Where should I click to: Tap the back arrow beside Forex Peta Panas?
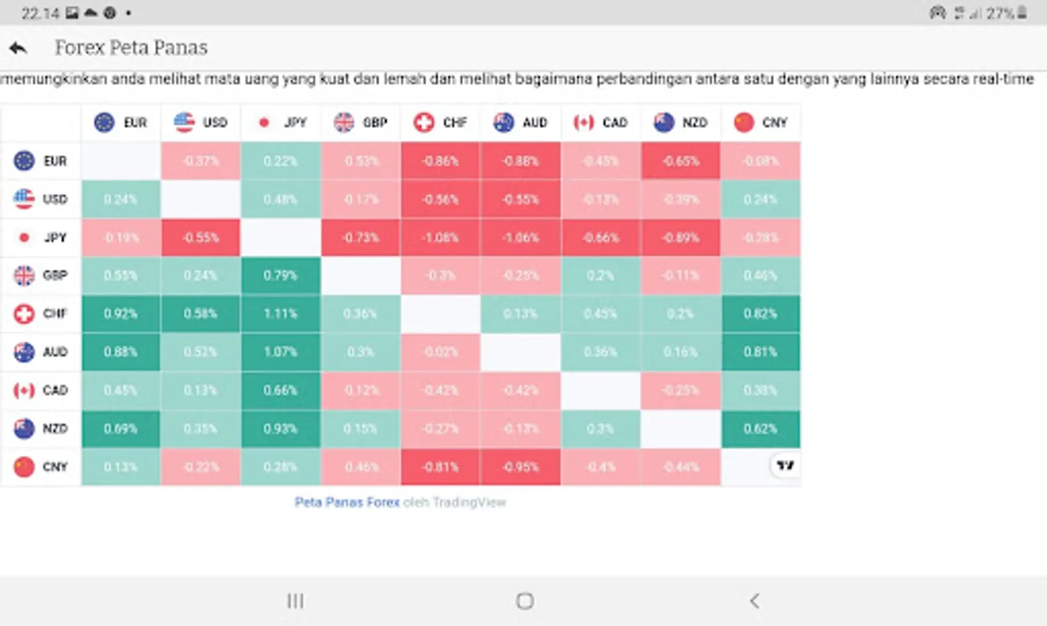[x=18, y=48]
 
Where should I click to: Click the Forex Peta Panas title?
[x=131, y=48]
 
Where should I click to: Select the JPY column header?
[x=282, y=122]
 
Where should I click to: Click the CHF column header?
[x=441, y=122]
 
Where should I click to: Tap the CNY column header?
[x=761, y=122]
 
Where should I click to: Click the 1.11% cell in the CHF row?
[x=281, y=314]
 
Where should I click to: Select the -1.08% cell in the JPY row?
[x=440, y=237]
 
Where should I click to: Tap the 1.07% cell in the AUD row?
[x=281, y=352]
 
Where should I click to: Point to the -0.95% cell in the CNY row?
[x=520, y=467]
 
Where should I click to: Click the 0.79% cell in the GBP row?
[x=281, y=275]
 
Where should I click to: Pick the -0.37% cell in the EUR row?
[x=201, y=161]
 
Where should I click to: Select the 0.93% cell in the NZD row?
[x=281, y=428]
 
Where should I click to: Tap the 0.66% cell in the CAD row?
[x=281, y=390]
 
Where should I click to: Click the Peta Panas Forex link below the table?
[x=347, y=502]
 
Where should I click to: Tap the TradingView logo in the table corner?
[x=786, y=465]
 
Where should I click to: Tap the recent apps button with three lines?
[x=295, y=601]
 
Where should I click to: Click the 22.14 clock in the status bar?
[x=40, y=13]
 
